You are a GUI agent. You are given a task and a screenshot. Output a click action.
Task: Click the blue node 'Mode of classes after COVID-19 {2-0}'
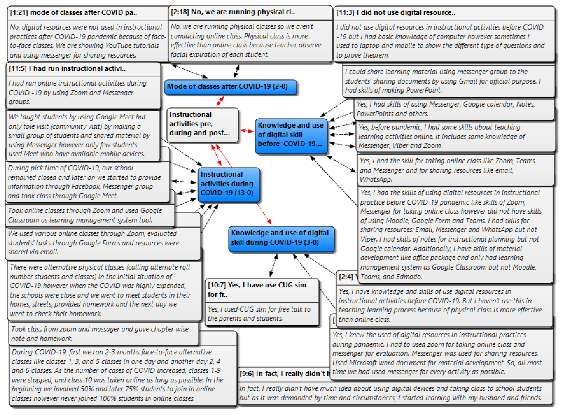tap(230, 87)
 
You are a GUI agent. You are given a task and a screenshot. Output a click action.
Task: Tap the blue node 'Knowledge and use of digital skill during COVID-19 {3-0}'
tap(281, 238)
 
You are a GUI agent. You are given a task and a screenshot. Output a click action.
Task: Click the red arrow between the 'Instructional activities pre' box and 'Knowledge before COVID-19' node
tap(247, 131)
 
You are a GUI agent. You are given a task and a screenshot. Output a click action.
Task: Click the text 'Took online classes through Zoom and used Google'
tap(85, 211)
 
